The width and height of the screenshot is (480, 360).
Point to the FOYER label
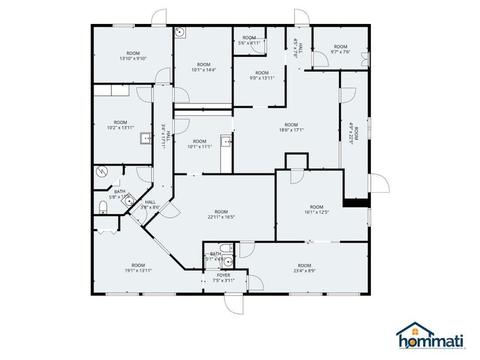[x=223, y=275]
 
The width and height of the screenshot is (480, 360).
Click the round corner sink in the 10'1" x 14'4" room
[x=181, y=34]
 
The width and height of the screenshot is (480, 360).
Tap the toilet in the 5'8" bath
[x=103, y=207]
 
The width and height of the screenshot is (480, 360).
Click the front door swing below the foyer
[x=235, y=304]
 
